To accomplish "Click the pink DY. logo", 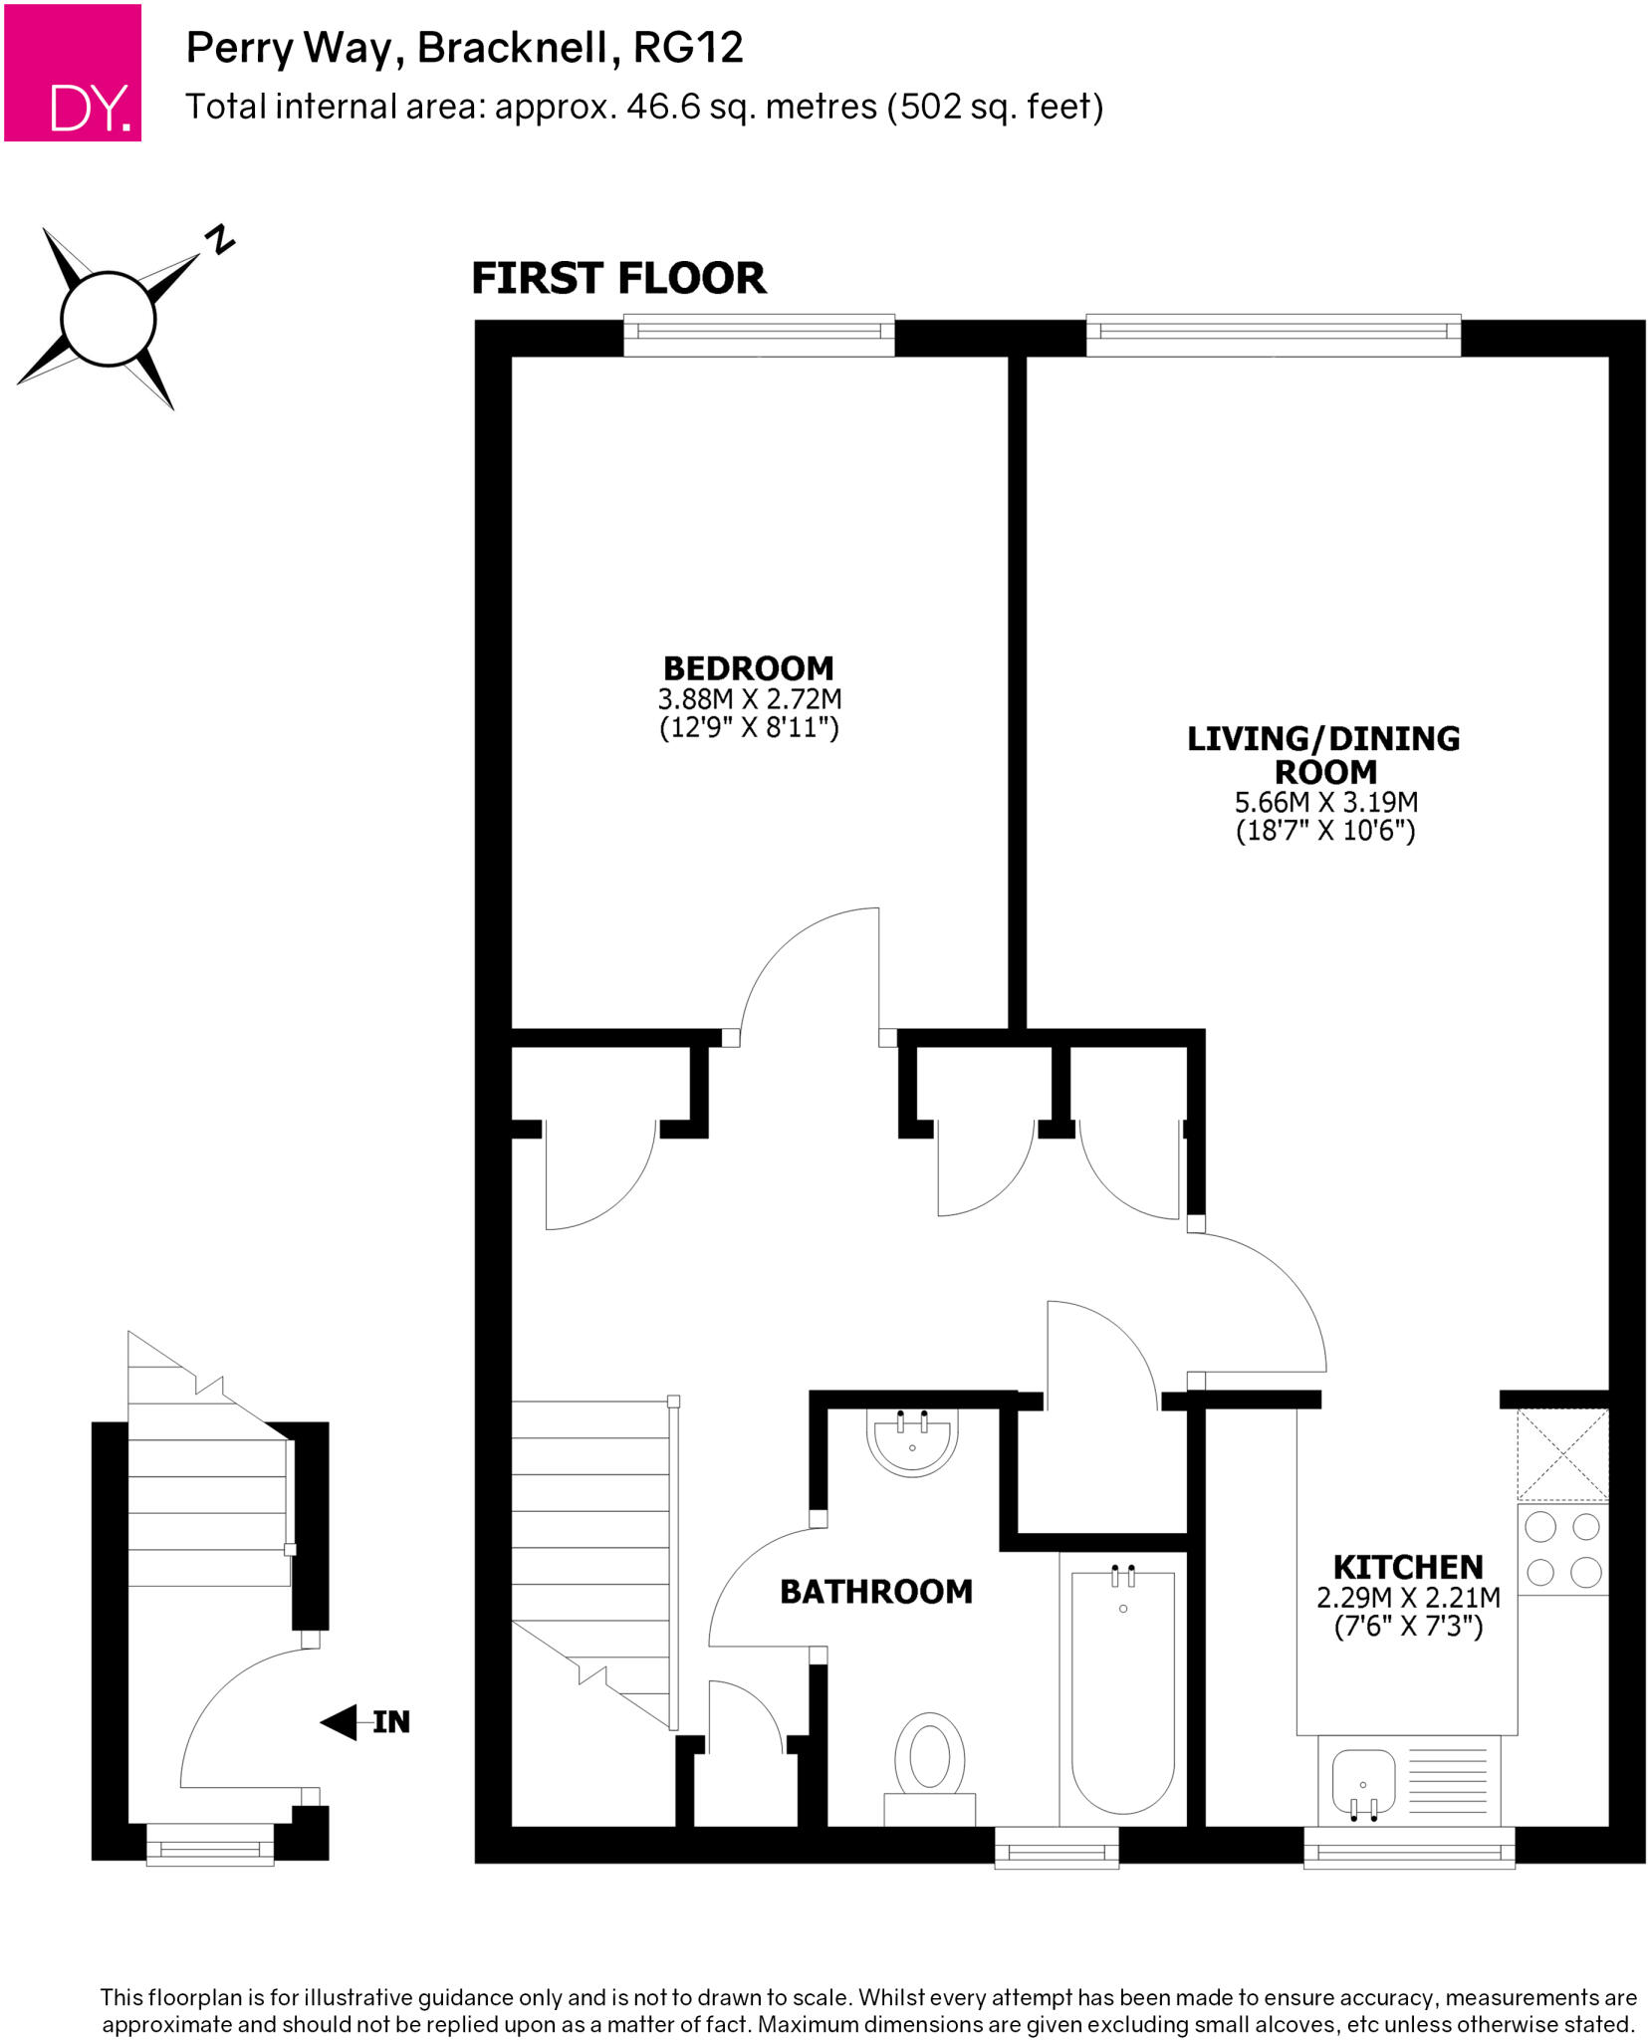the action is [x=72, y=72].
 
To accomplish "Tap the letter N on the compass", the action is [x=220, y=240].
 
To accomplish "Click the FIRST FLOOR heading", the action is [x=618, y=278].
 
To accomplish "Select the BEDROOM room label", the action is [x=748, y=667].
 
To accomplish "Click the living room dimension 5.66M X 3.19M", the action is [x=1325, y=802].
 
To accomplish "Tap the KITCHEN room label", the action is [x=1407, y=1567].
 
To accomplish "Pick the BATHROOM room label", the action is [x=875, y=1592].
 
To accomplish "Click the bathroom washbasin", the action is [x=912, y=1441].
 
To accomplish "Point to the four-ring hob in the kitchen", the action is [x=1562, y=1549].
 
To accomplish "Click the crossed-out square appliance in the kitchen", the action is [x=1562, y=1454].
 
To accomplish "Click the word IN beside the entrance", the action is [x=391, y=1722].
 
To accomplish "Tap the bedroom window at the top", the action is [x=759, y=336].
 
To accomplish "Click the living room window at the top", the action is [x=1273, y=336].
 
